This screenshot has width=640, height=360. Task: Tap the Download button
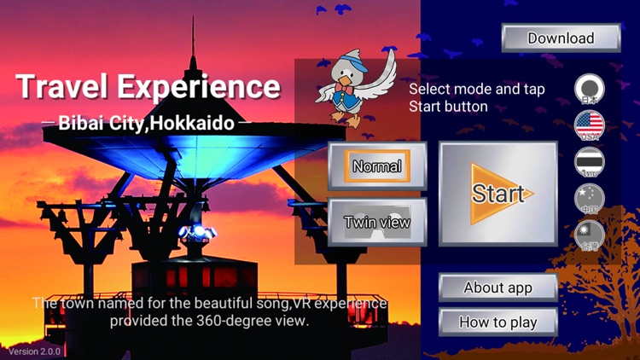[561, 38]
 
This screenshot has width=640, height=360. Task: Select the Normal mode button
[376, 166]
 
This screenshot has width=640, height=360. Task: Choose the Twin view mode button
[377, 223]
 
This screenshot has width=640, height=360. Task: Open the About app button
[497, 287]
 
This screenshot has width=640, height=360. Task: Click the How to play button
[497, 322]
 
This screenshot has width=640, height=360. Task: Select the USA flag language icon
[589, 125]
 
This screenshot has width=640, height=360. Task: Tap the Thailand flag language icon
[589, 161]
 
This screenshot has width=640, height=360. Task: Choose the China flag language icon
[589, 198]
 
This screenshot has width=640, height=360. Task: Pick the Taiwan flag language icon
[589, 235]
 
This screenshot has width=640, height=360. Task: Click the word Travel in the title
[64, 86]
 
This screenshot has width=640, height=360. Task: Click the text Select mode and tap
[476, 90]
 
